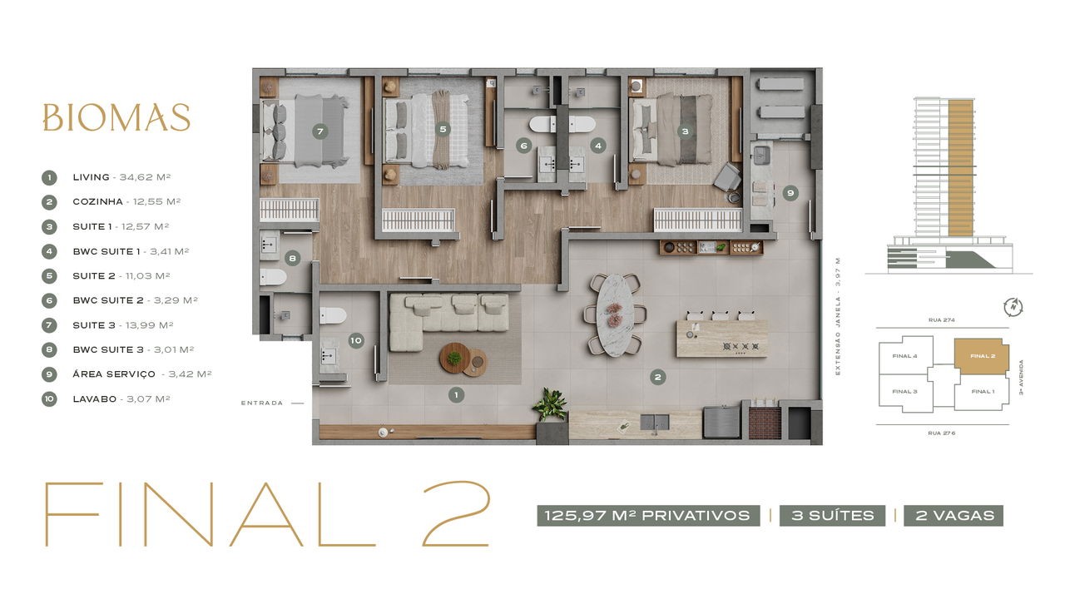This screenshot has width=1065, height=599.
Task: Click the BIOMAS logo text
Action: pyautogui.click(x=116, y=117)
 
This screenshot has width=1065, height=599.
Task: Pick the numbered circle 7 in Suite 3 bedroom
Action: pyautogui.click(x=320, y=131)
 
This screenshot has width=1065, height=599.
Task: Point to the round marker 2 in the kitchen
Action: pyautogui.click(x=658, y=378)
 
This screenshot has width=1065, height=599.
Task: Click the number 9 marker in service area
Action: pyautogui.click(x=790, y=193)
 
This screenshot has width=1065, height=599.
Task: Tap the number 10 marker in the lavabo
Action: pyautogui.click(x=356, y=340)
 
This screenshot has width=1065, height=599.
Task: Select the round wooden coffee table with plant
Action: pyautogui.click(x=454, y=358)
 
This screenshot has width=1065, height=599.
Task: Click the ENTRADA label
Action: pyautogui.click(x=262, y=403)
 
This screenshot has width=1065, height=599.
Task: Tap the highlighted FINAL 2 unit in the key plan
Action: pyautogui.click(x=981, y=356)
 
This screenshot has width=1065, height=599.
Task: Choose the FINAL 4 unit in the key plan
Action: pyautogui.click(x=904, y=355)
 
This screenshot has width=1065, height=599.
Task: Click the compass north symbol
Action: pyautogui.click(x=1013, y=307)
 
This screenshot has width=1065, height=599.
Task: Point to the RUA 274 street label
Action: pyautogui.click(x=941, y=320)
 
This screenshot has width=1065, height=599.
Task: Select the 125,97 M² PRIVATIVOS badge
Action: pyautogui.click(x=648, y=516)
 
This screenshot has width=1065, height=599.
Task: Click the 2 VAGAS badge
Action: pyautogui.click(x=954, y=516)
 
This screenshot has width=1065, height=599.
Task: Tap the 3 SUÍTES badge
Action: pyautogui.click(x=832, y=516)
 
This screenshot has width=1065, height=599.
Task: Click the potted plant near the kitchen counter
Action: pyautogui.click(x=551, y=404)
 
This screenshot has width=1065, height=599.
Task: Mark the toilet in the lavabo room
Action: pyautogui.click(x=333, y=315)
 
